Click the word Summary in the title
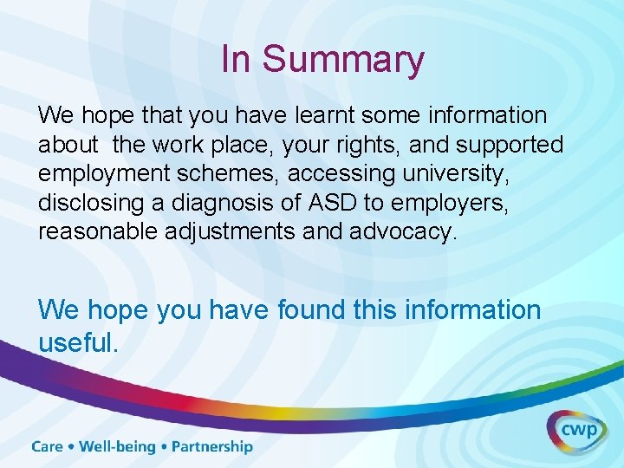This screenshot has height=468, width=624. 343,60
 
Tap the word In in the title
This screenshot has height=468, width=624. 236,59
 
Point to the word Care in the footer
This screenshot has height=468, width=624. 49,447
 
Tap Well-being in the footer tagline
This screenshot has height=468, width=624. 117,447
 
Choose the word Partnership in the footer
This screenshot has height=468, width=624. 211,447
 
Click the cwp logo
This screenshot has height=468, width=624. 576,431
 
